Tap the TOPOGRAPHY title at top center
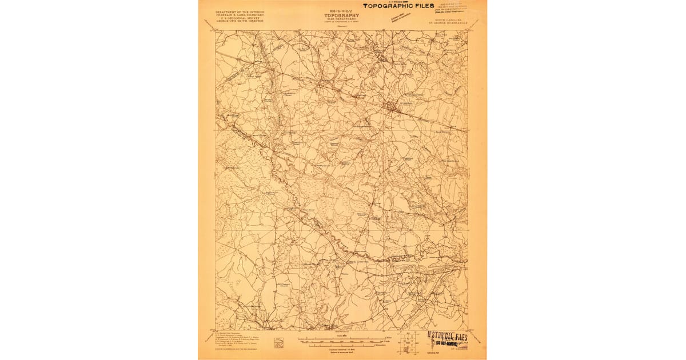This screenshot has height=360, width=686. [x=344, y=15]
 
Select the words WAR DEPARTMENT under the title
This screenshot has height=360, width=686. [x=344, y=19]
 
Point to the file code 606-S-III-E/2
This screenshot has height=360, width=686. [x=343, y=10]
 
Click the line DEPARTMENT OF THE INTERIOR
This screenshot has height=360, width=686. [x=240, y=11]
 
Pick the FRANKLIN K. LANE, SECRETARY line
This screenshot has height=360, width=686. [x=240, y=15]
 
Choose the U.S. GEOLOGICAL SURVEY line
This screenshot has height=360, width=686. [x=240, y=18]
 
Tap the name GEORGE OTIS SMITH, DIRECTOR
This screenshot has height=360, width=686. [x=240, y=22]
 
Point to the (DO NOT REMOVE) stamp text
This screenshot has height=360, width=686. [x=449, y=343]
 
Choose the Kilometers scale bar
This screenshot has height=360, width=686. [x=344, y=345]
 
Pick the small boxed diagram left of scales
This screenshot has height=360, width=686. [x=278, y=343]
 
